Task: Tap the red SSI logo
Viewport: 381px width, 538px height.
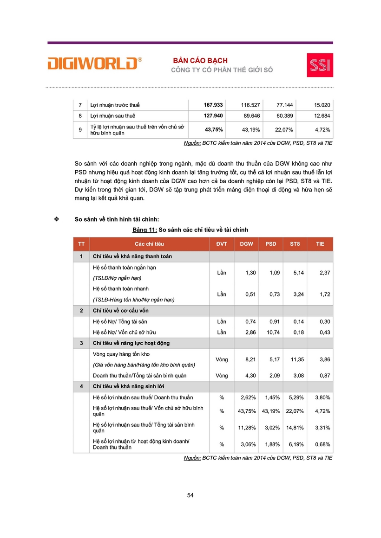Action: click(320, 65)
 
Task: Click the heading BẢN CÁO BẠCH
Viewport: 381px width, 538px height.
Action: click(200, 61)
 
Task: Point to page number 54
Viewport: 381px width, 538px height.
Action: click(190, 495)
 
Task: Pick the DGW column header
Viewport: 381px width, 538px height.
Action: click(246, 244)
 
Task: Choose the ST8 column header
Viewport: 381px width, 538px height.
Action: click(295, 244)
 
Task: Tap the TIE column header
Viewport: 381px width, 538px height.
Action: click(320, 244)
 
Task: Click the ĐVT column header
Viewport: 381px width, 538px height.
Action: click(222, 244)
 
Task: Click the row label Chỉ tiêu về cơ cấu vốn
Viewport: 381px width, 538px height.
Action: click(121, 310)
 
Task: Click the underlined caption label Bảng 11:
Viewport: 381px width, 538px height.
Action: click(144, 230)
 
